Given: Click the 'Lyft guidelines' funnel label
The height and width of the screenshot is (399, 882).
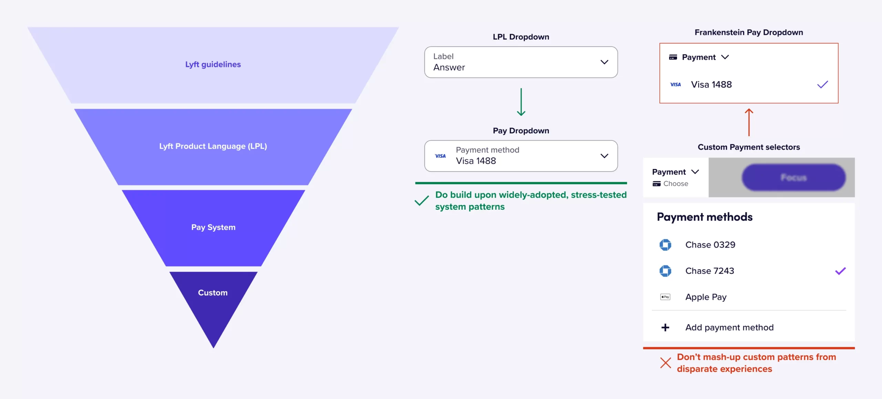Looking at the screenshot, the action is click(x=213, y=64).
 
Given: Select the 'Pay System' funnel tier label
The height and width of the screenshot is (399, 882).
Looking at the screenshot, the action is click(x=213, y=227).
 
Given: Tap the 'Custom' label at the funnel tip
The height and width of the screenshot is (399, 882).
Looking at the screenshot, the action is click(x=213, y=293).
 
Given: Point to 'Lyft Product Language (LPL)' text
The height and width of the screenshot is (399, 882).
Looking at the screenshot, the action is click(x=213, y=146).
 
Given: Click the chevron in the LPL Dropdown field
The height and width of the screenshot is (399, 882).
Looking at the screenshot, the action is click(x=604, y=62).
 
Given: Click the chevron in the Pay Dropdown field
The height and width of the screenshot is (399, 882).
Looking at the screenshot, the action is click(x=604, y=156).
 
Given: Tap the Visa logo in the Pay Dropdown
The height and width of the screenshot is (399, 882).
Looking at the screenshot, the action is click(x=440, y=156).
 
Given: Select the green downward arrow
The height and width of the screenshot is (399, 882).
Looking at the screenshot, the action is click(x=521, y=102).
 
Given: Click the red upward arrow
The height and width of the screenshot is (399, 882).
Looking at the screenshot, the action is click(x=749, y=122).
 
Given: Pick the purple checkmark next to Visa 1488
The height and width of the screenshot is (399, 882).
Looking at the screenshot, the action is click(x=822, y=84).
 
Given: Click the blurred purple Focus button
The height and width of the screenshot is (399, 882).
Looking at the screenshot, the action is click(x=793, y=177).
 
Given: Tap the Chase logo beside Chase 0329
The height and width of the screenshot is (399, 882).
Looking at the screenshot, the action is click(x=665, y=245).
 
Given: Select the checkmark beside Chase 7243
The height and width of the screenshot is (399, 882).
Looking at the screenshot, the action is click(x=840, y=271).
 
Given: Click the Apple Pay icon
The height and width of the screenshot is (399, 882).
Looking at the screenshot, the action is click(x=665, y=297).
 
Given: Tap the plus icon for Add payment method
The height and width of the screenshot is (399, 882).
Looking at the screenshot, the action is click(x=665, y=327).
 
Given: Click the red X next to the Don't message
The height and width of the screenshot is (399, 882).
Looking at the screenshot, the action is click(x=665, y=363).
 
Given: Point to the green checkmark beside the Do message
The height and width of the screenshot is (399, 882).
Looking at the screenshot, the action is click(x=421, y=200).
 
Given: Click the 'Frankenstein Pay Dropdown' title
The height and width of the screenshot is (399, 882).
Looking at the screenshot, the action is click(x=748, y=32).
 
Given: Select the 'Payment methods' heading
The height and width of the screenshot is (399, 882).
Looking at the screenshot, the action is click(x=705, y=217).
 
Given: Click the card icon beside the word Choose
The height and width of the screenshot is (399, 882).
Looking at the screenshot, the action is click(x=656, y=184).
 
